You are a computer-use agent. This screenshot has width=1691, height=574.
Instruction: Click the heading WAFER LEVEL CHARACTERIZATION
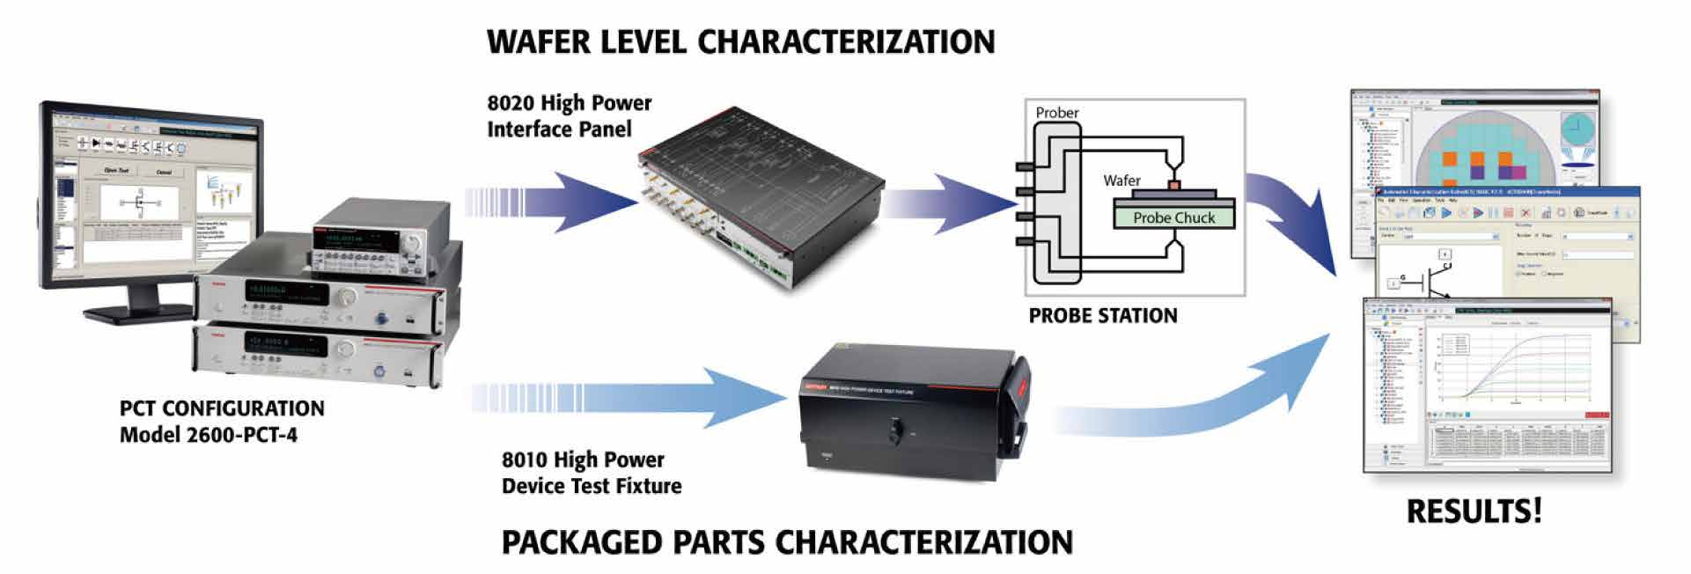click(740, 41)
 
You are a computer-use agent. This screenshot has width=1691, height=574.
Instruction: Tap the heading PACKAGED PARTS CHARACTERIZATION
click(787, 541)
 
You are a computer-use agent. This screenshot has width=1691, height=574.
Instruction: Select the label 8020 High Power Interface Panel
click(569, 116)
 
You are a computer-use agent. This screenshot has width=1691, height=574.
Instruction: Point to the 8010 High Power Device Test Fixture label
click(591, 473)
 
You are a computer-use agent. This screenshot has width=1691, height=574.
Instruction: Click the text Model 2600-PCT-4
click(209, 435)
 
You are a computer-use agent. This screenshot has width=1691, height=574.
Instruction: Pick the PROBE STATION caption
click(1102, 316)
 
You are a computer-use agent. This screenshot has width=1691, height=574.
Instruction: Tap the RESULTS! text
click(1474, 511)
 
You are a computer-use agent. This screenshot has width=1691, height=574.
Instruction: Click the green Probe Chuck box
click(1173, 217)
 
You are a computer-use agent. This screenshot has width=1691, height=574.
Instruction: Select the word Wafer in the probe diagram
click(1121, 180)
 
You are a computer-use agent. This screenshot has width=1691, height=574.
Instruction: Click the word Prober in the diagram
click(1056, 113)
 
